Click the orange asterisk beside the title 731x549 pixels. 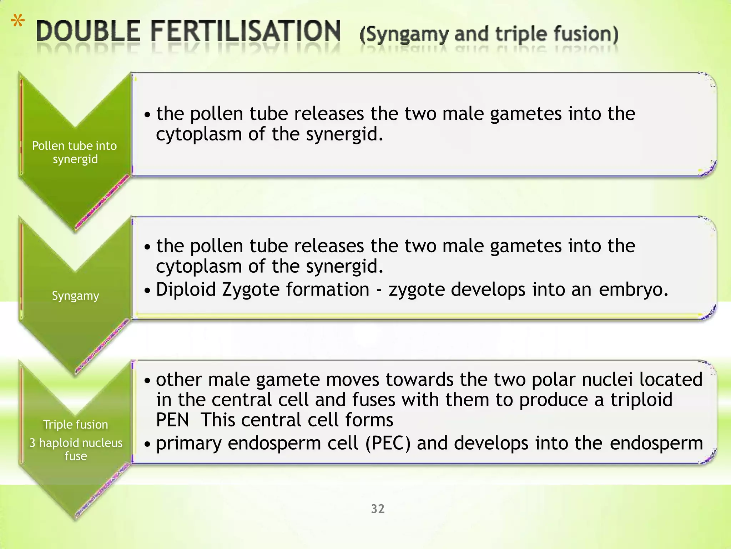(17, 21)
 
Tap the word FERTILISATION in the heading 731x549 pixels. (245, 31)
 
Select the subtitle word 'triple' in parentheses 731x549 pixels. (522, 34)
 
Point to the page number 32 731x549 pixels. (378, 509)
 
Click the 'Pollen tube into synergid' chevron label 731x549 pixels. (75, 152)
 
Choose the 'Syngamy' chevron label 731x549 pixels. (75, 296)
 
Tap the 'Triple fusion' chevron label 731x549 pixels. (75, 425)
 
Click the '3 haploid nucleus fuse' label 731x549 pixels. (76, 449)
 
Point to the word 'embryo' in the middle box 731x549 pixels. (630, 289)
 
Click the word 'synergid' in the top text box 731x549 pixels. (344, 134)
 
